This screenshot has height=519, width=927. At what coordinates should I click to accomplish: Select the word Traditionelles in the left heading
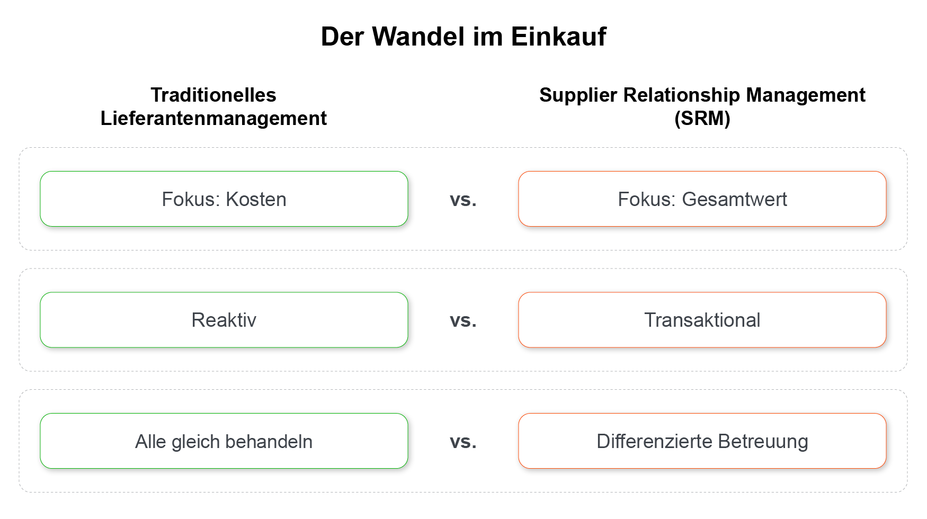213,95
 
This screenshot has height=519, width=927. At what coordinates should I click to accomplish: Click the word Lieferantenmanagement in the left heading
213,118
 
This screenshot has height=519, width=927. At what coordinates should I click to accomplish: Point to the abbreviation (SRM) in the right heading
702,118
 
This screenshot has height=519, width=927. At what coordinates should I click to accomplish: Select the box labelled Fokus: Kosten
224,200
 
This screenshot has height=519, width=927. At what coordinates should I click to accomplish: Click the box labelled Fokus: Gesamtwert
702,200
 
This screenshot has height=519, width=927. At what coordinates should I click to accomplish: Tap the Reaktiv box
224,320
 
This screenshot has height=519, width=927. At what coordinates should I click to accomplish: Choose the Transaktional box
702,320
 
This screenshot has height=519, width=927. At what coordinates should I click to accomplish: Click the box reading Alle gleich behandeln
224,441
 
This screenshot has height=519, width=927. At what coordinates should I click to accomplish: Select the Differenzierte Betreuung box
702,441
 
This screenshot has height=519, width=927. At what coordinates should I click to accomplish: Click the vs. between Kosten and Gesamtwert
463,200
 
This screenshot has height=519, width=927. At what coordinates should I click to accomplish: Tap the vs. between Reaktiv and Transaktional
463,321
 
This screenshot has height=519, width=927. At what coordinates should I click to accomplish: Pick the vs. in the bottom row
463,442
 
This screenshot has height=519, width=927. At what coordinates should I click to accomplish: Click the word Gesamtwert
734,200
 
